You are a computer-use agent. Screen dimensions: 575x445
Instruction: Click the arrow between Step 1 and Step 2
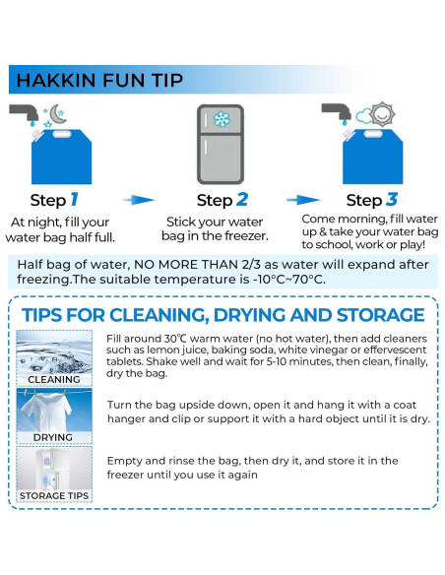point(143,199)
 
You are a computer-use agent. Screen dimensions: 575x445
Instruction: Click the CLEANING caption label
point(54,379)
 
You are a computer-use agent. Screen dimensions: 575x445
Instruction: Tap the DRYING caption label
point(54,436)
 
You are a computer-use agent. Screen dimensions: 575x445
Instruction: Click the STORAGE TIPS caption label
point(54,494)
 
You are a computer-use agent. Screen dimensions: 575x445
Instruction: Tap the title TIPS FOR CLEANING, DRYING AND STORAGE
point(223,315)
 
